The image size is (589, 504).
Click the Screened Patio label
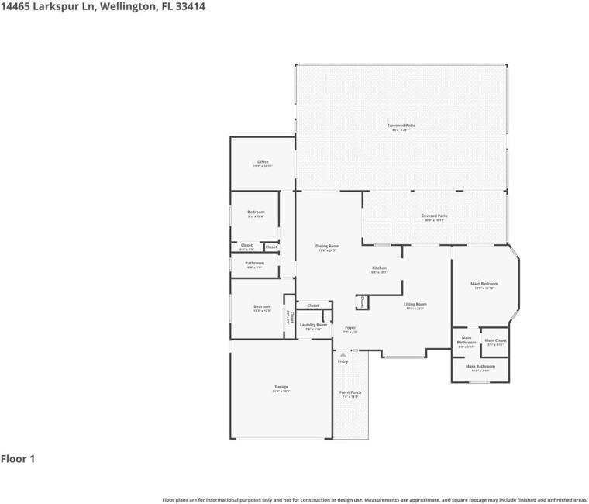pyautogui.click(x=401, y=126)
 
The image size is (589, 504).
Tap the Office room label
pyautogui.click(x=263, y=162)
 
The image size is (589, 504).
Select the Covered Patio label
pyautogui.click(x=434, y=216)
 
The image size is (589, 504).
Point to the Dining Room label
pyautogui.click(x=328, y=247)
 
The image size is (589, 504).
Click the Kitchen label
pyautogui.click(x=379, y=268)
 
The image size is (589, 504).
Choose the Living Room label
pyautogui.click(x=415, y=305)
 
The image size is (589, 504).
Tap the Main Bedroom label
pyautogui.click(x=484, y=285)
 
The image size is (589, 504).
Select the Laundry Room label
pyautogui.click(x=314, y=325)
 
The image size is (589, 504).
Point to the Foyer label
pyautogui.click(x=350, y=328)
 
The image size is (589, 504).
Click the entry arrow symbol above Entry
pyautogui.click(x=342, y=354)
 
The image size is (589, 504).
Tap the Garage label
pyautogui.click(x=281, y=387)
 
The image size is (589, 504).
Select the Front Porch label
pyautogui.click(x=350, y=393)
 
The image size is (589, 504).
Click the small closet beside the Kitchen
pyautogui.click(x=361, y=302)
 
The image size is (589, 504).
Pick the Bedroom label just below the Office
pyautogui.click(x=256, y=212)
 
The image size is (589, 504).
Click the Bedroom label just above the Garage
pyautogui.click(x=262, y=307)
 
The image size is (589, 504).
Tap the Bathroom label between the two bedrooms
pyautogui.click(x=255, y=264)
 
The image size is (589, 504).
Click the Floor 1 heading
pyautogui.click(x=18, y=459)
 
